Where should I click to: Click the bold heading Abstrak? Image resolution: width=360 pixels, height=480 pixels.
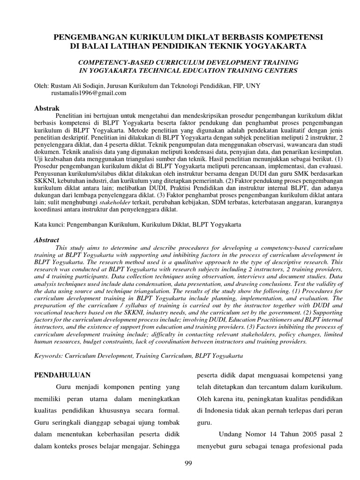click(47, 108)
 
